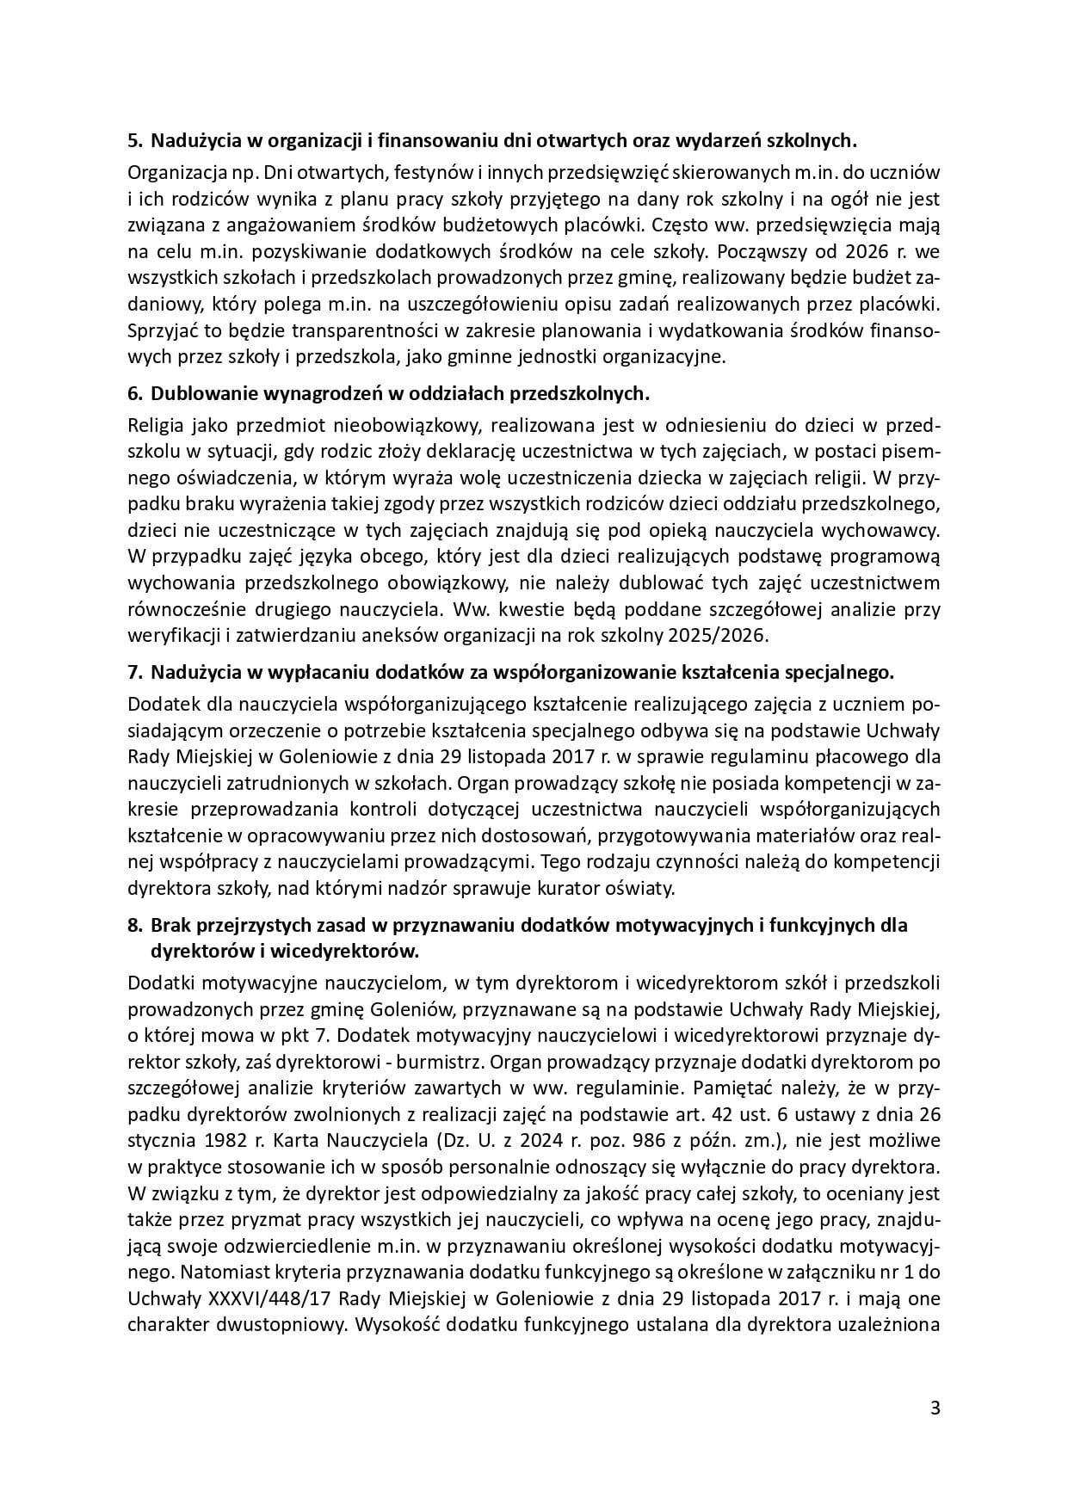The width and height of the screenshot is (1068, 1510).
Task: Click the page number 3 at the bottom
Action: (935, 1408)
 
